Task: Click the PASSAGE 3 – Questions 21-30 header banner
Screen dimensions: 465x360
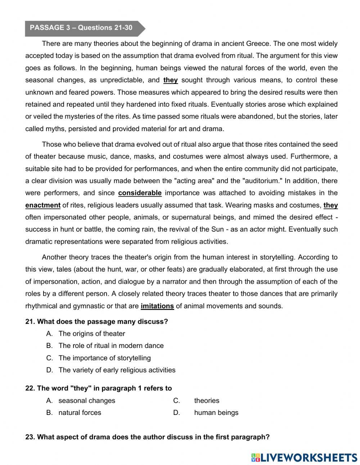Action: coord(81,28)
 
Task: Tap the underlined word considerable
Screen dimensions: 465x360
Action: coord(140,193)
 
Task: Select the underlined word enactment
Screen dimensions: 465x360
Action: coord(43,205)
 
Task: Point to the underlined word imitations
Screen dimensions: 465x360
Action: coord(157,306)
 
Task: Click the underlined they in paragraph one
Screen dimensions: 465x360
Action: coord(171,80)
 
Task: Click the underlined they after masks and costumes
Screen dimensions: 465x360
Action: coord(330,205)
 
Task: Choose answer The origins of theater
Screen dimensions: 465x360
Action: coord(92,334)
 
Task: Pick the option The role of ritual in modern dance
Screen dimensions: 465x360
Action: coord(111,345)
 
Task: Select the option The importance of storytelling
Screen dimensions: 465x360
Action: coord(104,358)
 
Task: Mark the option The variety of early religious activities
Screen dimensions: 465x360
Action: coord(117,370)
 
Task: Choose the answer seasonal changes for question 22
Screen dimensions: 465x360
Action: coord(87,401)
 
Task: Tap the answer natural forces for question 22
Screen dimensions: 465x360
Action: coord(80,412)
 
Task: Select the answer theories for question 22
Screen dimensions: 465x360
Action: coord(207,401)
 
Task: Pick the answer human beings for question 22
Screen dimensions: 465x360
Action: coord(216,412)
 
